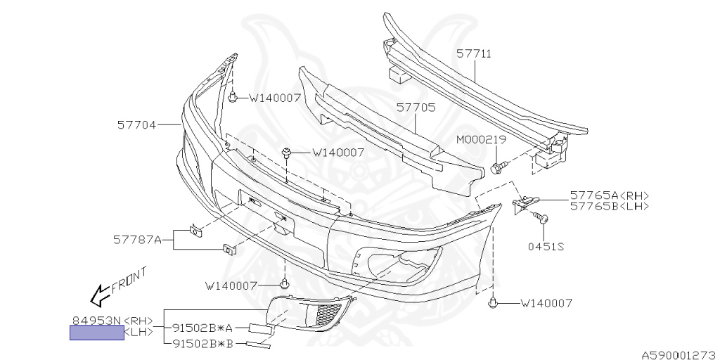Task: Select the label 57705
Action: point(416,108)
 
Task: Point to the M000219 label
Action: point(481,140)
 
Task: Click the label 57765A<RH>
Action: point(609,195)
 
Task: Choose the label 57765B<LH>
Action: point(609,206)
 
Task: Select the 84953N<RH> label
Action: point(112,321)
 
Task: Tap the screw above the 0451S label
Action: point(542,218)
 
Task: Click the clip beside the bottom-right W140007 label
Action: point(492,304)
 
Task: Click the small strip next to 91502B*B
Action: point(259,345)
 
